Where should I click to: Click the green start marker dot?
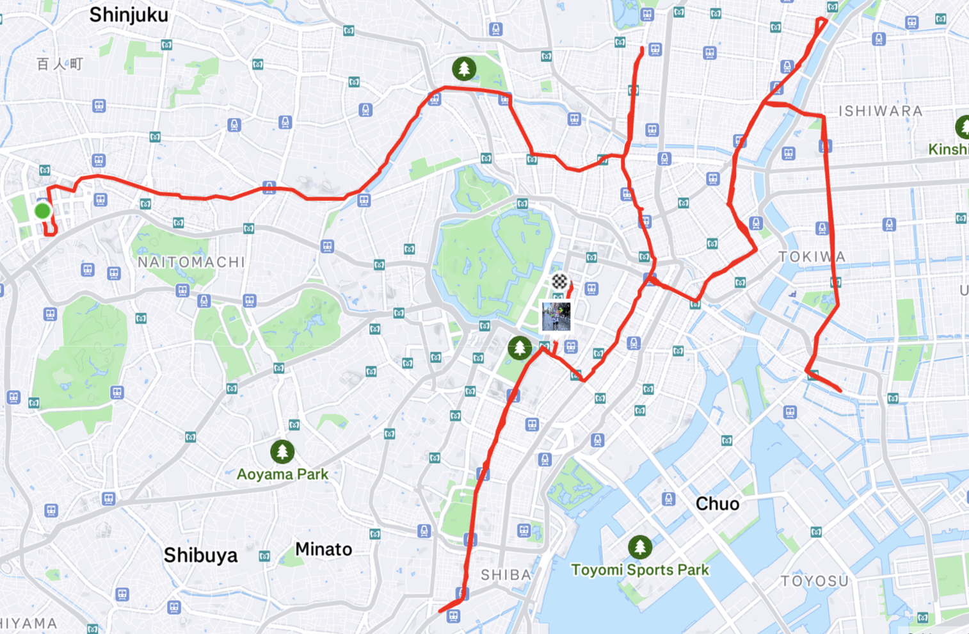(x=42, y=211)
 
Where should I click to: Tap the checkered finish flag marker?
(x=559, y=280)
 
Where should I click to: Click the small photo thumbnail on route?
(x=556, y=317)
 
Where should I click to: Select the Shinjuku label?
(x=129, y=15)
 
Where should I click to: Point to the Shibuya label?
(x=200, y=555)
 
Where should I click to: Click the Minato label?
(x=323, y=549)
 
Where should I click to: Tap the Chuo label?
(x=717, y=504)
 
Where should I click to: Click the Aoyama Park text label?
(x=282, y=475)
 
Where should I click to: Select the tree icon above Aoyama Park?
(x=282, y=451)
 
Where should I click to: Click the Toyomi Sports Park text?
(x=640, y=570)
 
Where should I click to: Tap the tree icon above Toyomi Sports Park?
(x=640, y=547)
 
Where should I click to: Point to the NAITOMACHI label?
(x=191, y=262)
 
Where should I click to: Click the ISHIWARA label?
(x=880, y=111)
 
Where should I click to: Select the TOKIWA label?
(x=812, y=257)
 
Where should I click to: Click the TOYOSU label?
(x=814, y=581)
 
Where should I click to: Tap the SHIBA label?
(x=506, y=575)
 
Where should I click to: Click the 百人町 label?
(x=60, y=64)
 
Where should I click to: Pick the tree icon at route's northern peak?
(x=464, y=68)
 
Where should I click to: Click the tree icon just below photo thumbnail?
(x=520, y=348)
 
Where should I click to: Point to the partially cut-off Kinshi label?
(x=949, y=149)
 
